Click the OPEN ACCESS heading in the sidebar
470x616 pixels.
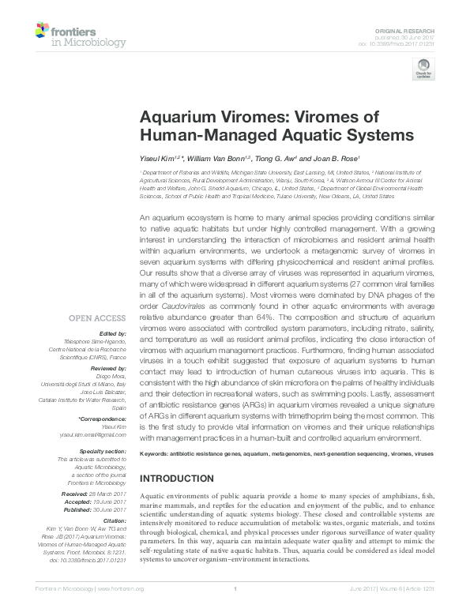coord(98,318)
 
